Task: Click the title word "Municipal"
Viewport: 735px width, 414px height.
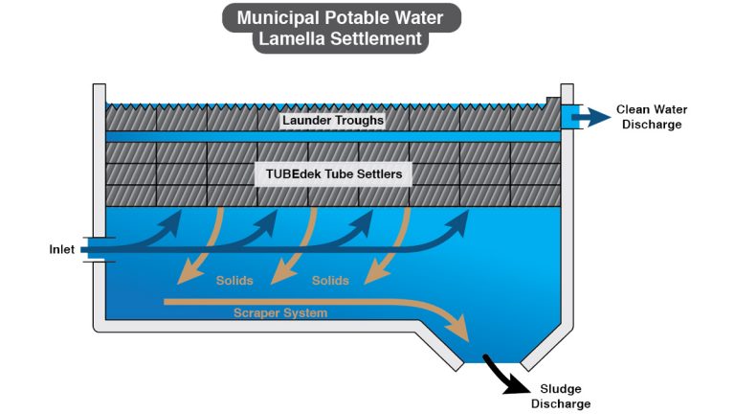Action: [278, 16]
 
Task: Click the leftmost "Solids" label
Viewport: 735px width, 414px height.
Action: [234, 281]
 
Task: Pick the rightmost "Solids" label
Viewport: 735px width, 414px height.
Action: [330, 281]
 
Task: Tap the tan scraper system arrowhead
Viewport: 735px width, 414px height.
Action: [460, 332]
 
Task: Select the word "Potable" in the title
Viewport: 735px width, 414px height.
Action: [362, 16]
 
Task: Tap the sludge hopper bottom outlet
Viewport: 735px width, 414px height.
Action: [491, 363]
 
